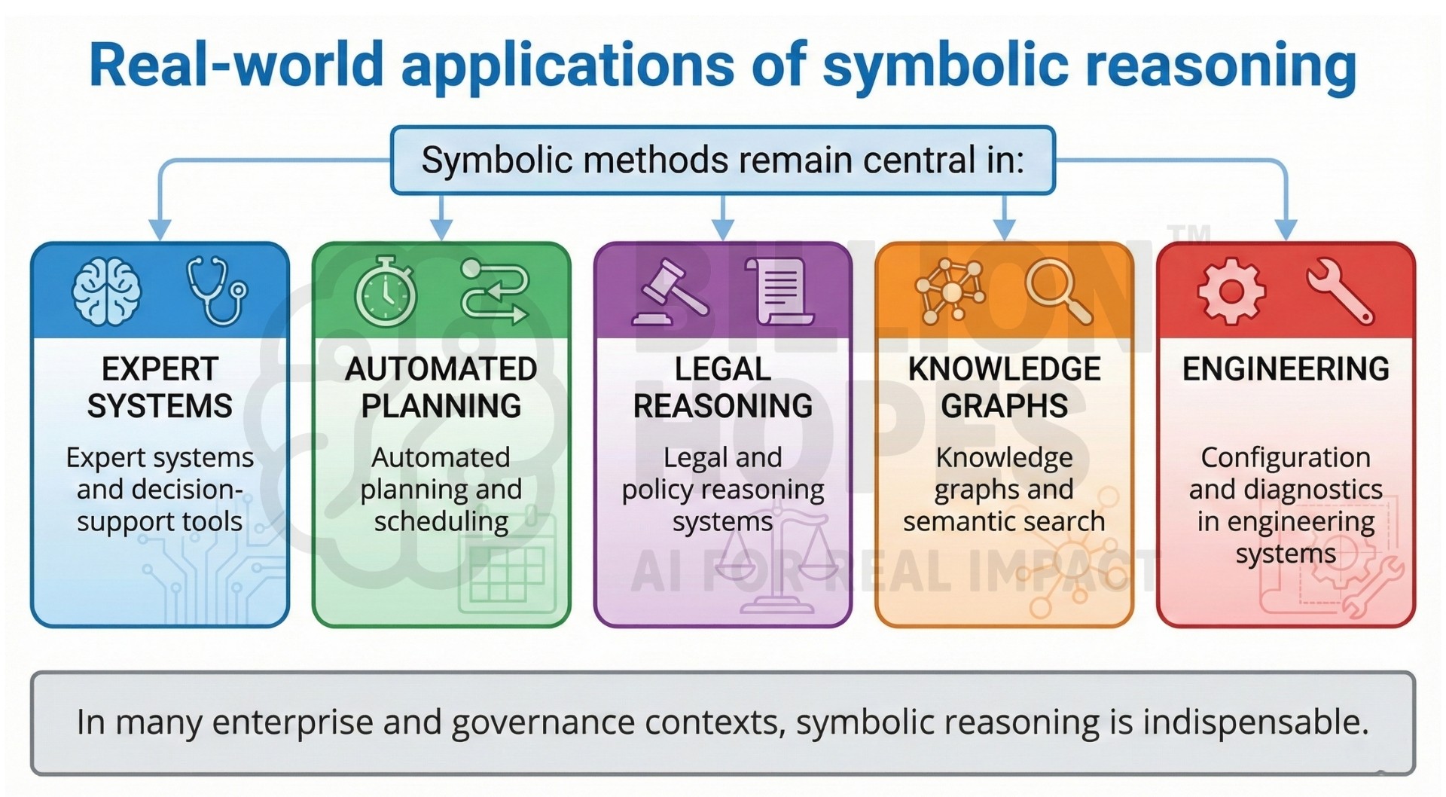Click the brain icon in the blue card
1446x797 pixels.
tap(106, 291)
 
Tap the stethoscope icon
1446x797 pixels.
tap(217, 291)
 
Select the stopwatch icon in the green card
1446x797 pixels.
tap(385, 292)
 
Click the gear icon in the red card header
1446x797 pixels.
tap(1231, 291)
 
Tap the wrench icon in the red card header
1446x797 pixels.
tap(1341, 291)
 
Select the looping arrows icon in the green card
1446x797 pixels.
tap(495, 292)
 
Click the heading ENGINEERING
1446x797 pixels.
tap(1286, 369)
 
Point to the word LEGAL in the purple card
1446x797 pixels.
tap(722, 369)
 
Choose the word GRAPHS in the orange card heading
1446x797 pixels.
tap(1004, 406)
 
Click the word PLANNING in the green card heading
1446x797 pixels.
tap(441, 406)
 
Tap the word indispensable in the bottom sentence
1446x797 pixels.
tap(1255, 722)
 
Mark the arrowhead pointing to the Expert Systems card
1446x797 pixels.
tap(160, 229)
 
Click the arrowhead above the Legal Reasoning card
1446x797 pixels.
tap(723, 229)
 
